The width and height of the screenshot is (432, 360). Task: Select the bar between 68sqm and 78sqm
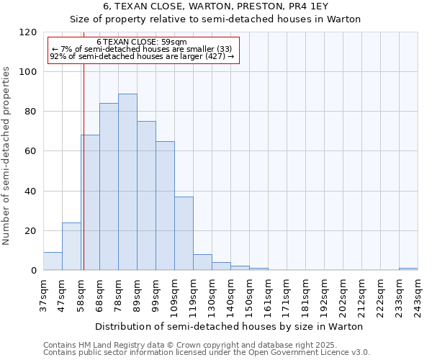pyautogui.click(x=109, y=187)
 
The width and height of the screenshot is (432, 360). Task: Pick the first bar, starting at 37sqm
pyautogui.click(x=53, y=261)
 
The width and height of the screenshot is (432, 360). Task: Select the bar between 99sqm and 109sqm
pyautogui.click(x=165, y=206)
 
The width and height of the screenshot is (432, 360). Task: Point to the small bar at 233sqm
pyautogui.click(x=408, y=269)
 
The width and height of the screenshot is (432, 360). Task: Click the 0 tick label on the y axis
pyautogui.click(x=33, y=271)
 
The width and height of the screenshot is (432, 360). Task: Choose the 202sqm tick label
pyautogui.click(x=343, y=296)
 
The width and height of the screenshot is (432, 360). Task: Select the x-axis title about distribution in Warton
pyautogui.click(x=229, y=326)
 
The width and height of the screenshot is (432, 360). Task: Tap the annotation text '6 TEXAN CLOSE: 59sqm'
pyautogui.click(x=141, y=42)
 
